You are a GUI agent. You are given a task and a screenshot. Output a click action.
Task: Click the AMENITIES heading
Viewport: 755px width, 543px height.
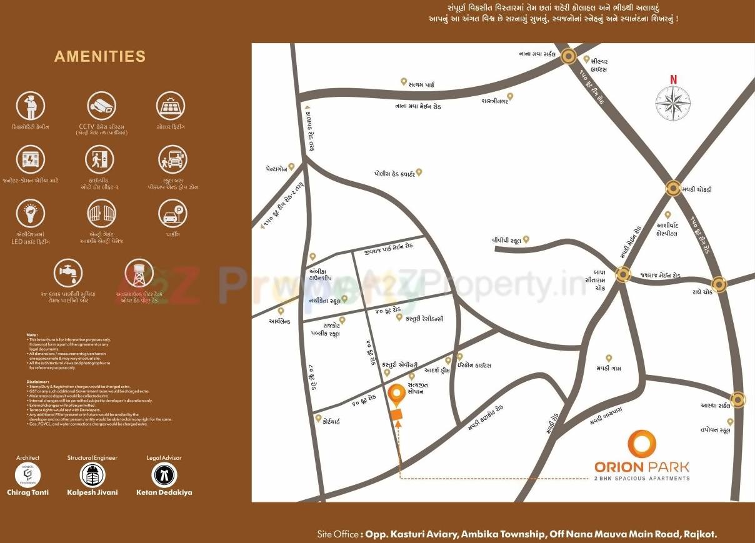[100, 56]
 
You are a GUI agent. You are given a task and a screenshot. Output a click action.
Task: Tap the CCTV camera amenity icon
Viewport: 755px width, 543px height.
[101, 106]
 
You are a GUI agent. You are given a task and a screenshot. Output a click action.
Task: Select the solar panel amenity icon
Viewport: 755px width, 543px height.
[171, 106]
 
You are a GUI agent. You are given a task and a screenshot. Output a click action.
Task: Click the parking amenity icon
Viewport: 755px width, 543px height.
[172, 214]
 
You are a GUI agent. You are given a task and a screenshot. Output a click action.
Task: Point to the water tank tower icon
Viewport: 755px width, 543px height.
[139, 274]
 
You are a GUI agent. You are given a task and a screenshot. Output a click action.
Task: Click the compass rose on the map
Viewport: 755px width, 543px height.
[673, 102]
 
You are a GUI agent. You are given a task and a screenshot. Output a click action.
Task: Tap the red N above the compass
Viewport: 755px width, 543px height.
[673, 79]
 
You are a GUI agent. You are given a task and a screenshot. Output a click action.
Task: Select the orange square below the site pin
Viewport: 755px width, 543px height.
[396, 415]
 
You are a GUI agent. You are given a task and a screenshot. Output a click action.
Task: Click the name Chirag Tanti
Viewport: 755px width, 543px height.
[27, 492]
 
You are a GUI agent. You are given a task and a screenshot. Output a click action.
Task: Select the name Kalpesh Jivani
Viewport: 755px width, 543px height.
[92, 492]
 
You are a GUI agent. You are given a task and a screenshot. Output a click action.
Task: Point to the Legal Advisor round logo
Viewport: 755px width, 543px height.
[164, 475]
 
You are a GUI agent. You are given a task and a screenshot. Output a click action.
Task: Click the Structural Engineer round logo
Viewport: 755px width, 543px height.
[92, 475]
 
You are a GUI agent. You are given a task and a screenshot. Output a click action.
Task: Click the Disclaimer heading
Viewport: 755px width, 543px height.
[38, 381]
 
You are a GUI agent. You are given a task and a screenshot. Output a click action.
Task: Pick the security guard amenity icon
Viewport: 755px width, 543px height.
[30, 106]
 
